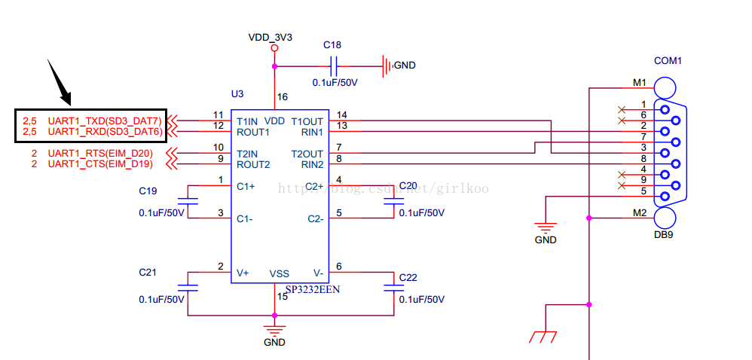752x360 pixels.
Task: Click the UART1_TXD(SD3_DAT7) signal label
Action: point(105,120)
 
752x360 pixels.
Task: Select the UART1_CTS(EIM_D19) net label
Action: point(100,164)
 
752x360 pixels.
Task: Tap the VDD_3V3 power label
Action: point(270,37)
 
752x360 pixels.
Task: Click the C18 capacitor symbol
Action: point(335,66)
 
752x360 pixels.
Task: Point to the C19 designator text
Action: point(148,191)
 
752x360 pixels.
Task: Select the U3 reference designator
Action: point(237,94)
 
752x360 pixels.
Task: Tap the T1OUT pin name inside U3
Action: point(307,121)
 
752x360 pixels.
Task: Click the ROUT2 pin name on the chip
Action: point(253,165)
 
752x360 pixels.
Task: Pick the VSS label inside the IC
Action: point(279,273)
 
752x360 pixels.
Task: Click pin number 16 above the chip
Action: point(283,97)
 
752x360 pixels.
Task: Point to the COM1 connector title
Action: point(668,61)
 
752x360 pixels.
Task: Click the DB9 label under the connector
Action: point(664,235)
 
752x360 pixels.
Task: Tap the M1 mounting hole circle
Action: point(665,88)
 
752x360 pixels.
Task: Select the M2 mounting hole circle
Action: point(665,218)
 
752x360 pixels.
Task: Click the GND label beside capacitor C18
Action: point(405,66)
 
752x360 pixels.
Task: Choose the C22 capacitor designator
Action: point(408,278)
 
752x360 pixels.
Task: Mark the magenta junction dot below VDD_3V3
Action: point(274,66)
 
